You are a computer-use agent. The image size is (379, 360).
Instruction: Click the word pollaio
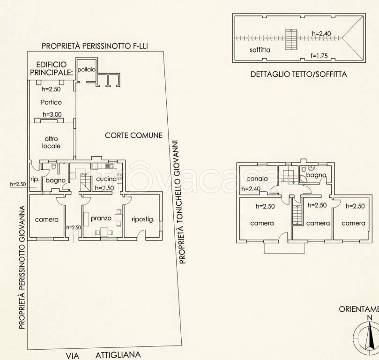click(86, 70)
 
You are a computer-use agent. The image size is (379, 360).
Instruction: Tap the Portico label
click(51, 102)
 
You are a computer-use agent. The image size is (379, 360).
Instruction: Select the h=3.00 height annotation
click(52, 114)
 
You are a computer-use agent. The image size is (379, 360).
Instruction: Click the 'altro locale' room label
click(51, 142)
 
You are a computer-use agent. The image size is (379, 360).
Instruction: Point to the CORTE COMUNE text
click(134, 135)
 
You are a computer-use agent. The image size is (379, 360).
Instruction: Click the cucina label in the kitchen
click(106, 179)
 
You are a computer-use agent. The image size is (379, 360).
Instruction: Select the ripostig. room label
click(143, 219)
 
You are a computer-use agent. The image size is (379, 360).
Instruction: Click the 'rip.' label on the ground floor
click(35, 180)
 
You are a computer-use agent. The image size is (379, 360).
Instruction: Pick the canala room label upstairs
click(257, 179)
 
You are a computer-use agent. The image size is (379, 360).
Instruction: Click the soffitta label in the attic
click(260, 50)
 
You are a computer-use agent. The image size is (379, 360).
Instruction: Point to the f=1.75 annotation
click(319, 56)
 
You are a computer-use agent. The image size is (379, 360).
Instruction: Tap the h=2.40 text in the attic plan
click(321, 34)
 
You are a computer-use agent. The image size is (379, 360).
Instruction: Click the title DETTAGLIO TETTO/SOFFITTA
click(299, 74)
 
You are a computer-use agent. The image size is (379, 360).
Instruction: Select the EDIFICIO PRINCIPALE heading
click(52, 68)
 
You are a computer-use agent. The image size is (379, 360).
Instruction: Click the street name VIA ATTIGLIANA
click(103, 355)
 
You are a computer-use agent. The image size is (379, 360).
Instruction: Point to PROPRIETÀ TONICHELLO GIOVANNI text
click(183, 202)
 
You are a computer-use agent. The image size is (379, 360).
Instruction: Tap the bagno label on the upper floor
click(316, 175)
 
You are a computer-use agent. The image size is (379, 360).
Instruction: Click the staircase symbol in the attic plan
click(291, 39)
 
